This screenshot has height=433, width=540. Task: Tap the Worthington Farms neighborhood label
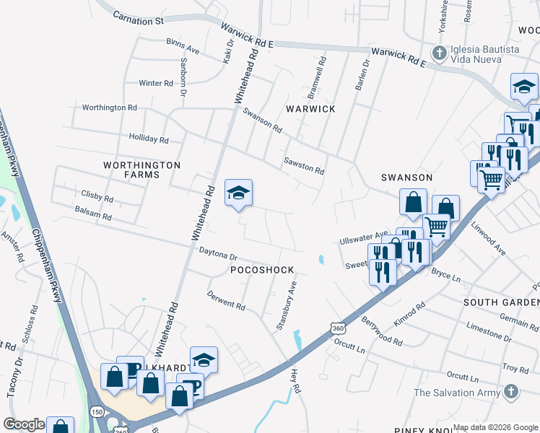141,170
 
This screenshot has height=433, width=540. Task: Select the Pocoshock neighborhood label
262,270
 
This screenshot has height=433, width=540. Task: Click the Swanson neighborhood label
406,177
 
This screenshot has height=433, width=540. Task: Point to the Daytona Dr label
218,255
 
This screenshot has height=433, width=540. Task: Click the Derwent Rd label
226,299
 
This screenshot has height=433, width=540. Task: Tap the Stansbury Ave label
286,306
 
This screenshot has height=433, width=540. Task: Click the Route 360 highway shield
337,328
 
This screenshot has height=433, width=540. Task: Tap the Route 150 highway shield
96,411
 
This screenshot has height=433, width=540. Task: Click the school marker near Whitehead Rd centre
238,193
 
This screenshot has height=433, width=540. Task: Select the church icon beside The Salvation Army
510,393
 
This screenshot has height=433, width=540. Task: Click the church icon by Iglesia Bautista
438,53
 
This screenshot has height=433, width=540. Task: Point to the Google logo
24,424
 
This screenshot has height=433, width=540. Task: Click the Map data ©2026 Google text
495,427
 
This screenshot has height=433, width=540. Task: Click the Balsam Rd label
93,216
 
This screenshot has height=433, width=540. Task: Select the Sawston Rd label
303,166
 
